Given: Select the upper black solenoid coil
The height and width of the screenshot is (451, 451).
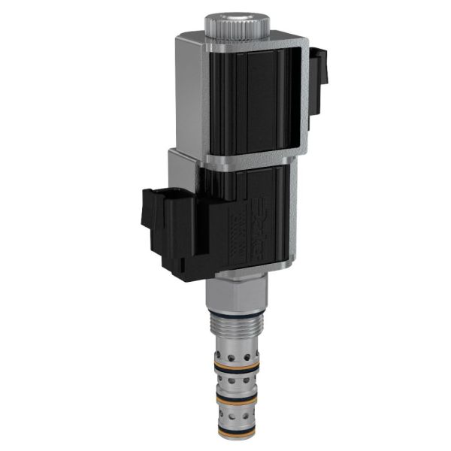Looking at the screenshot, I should coord(256,98).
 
